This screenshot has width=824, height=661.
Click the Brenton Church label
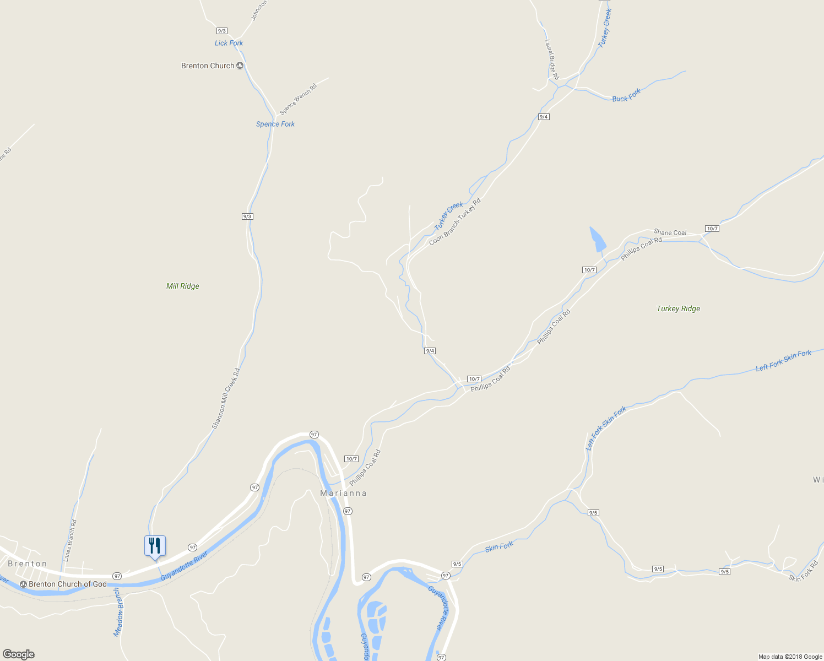coord(208,66)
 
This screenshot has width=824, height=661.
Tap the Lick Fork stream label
coord(229,43)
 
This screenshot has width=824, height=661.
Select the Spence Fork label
coord(275,124)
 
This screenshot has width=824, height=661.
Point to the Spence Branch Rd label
coord(299,99)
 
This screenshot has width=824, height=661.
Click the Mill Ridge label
coord(182,286)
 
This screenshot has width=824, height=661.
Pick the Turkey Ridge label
coord(678,308)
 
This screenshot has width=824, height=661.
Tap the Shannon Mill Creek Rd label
coord(226,398)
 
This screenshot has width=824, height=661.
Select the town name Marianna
coord(343,493)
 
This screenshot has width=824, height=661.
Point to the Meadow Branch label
coord(117,612)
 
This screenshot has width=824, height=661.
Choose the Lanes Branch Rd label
coord(70,540)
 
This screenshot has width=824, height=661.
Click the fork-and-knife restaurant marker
coord(155,546)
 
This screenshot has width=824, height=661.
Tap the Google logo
coord(19,654)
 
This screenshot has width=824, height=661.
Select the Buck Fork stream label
coord(626,96)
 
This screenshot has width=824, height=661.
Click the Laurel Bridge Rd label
coord(552,59)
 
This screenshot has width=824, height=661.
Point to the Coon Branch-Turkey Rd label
coord(454,222)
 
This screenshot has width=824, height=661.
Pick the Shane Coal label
coord(670,232)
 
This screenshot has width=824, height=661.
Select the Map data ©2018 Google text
coord(790,657)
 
